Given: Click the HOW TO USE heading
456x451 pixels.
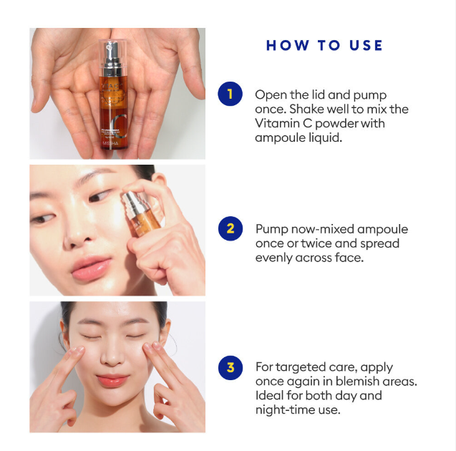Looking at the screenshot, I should click(324, 46).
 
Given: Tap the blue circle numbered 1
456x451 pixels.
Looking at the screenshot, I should click(230, 94).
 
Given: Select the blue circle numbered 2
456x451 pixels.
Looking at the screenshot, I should click(230, 229).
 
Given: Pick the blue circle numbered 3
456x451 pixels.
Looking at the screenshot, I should click(230, 367).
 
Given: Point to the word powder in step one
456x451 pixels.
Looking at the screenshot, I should click(339, 123).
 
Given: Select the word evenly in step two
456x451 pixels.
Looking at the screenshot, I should click(273, 258).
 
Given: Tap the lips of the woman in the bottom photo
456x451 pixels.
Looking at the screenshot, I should click(113, 379).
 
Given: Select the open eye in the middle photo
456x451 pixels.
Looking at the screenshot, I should click(45, 218).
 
